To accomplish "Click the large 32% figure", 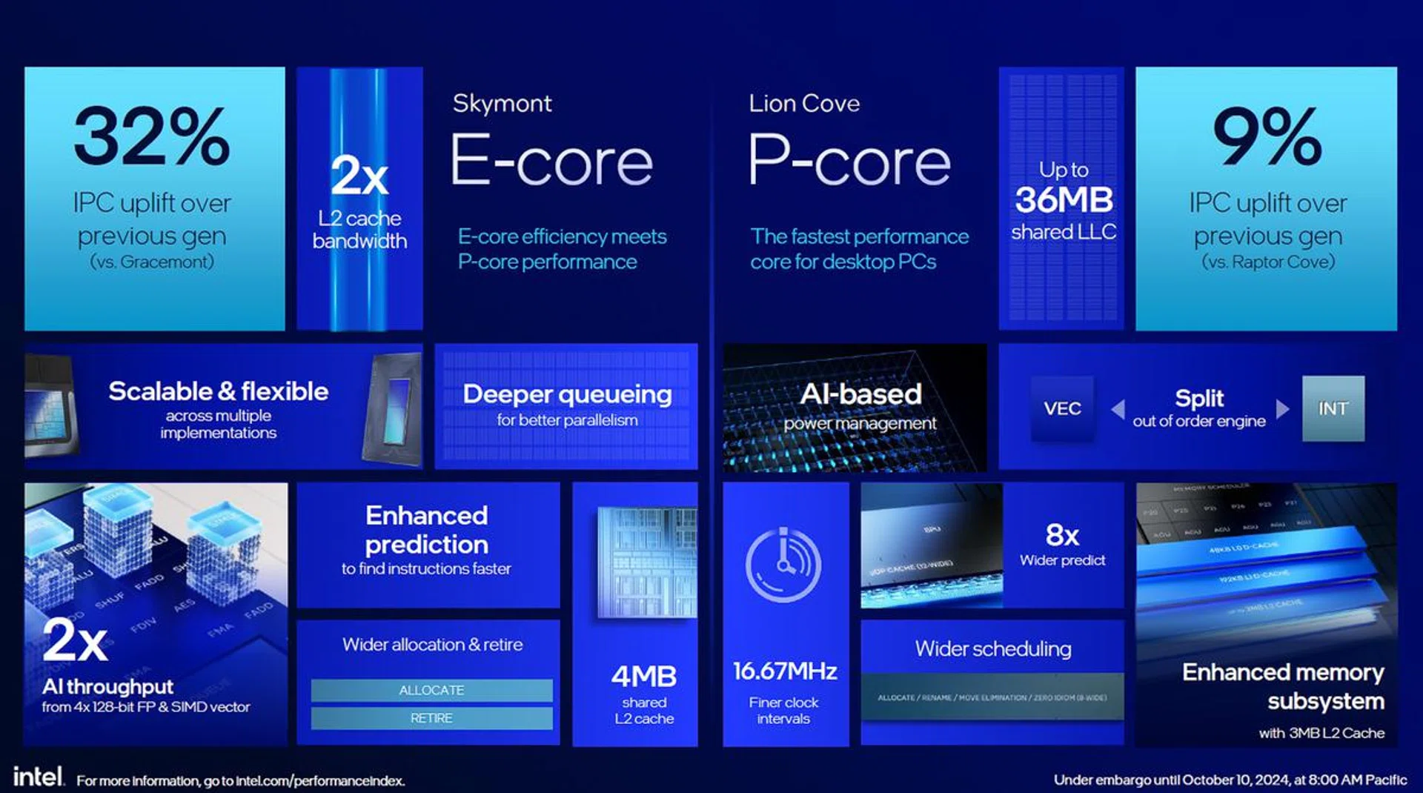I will [152, 136].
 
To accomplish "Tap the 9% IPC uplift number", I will [1267, 136].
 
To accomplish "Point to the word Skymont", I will [502, 103].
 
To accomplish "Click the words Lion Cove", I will [804, 103].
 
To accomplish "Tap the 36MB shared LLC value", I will [1064, 200].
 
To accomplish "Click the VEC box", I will [1062, 408].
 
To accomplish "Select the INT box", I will [1333, 408].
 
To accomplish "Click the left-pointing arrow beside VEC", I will [1118, 409].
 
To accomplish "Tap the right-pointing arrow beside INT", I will [1282, 409].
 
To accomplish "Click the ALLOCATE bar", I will [431, 690].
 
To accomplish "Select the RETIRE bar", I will [431, 718].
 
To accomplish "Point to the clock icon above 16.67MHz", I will [783, 565].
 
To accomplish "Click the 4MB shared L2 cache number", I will [643, 676].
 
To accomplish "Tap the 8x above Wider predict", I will [1062, 534].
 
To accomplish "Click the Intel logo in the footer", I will [38, 777].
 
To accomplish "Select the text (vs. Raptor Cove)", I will [1267, 262].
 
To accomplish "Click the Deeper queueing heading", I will [567, 394].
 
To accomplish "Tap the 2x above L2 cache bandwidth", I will [359, 176].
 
